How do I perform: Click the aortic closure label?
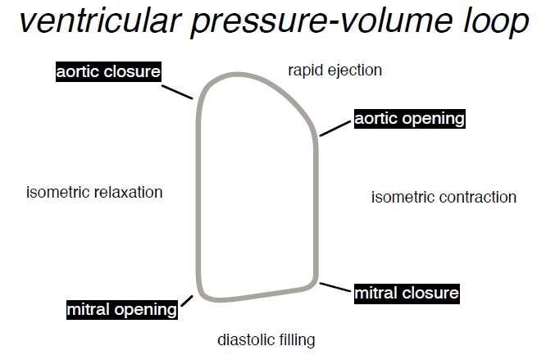108,72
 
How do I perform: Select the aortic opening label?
410,119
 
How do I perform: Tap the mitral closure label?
407,293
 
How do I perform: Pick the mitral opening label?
122,310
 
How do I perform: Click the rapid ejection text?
334,71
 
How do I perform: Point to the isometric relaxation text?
94,193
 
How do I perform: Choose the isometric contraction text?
444,197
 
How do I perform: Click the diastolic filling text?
266,339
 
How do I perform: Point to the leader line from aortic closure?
178,90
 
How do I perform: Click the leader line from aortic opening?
336,128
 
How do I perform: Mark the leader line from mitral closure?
336,288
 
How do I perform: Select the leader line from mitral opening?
186,301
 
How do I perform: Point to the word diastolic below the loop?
246,339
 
